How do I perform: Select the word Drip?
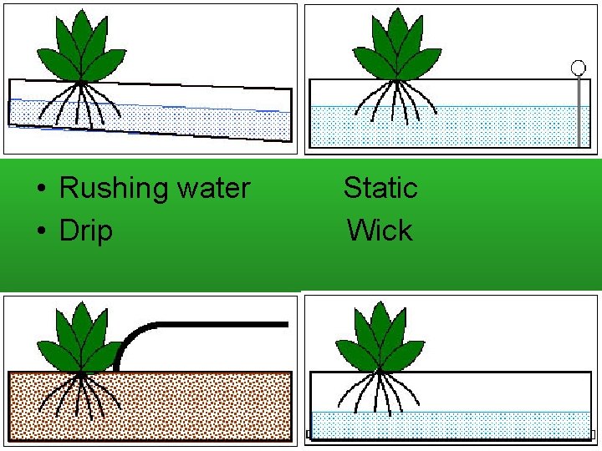pos(85,231)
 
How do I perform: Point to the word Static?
pos(380,188)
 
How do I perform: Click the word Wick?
pos(380,231)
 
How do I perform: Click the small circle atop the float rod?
pos(578,67)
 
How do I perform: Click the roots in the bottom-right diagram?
pos(378,393)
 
